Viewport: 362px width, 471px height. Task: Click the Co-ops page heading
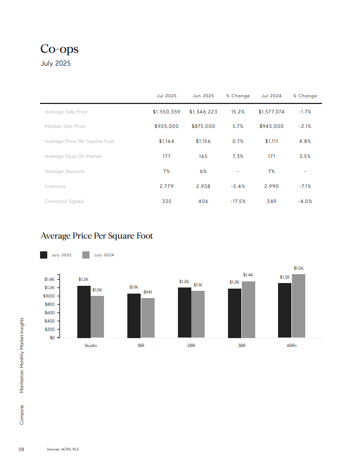pos(59,49)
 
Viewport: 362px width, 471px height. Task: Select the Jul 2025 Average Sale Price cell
pos(166,112)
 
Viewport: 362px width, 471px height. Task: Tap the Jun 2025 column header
pos(204,96)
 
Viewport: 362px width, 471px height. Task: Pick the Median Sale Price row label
pos(65,126)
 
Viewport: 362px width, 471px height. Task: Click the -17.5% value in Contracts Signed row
pos(238,201)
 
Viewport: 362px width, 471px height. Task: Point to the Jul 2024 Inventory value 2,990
pos(271,186)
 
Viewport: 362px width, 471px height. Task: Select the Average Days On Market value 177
pos(166,156)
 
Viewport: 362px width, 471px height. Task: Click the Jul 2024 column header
pos(271,96)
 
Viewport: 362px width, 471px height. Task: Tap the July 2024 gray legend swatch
pos(86,255)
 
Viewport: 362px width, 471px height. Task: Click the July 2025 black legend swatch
pos(43,255)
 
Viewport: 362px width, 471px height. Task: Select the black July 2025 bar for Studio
pos(84,312)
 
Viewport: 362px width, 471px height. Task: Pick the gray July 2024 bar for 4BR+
pos(299,306)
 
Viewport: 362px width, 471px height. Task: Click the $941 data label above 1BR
pos(148,292)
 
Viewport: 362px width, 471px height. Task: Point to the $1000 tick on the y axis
pos(49,296)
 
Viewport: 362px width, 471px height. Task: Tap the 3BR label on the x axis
pos(241,345)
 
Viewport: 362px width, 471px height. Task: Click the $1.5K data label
pos(299,268)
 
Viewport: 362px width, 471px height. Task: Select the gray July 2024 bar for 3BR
pos(249,310)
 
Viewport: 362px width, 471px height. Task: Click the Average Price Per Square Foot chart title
pos(97,236)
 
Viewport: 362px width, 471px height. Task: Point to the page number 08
pos(21,449)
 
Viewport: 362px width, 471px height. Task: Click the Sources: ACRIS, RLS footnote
pos(62,449)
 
